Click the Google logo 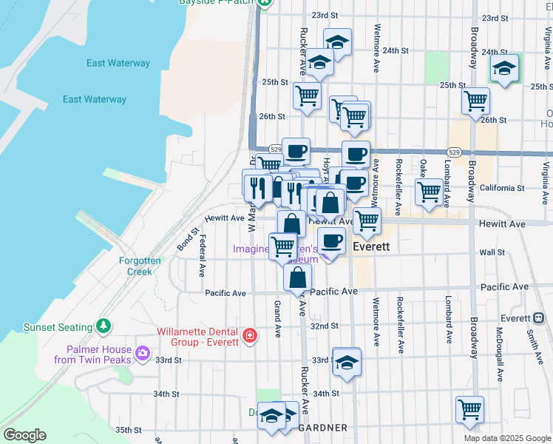(24, 435)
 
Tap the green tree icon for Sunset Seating (104, 326)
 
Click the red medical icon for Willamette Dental (250, 336)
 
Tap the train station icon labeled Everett (538, 318)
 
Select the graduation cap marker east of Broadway (505, 69)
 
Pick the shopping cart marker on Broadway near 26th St (475, 99)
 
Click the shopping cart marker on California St (429, 191)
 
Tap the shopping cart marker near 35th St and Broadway (469, 408)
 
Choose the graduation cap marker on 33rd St (346, 362)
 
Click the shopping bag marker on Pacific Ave (297, 277)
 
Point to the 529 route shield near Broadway (454, 152)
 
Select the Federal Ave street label (203, 257)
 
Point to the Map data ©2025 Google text (507, 438)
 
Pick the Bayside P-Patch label (216, 2)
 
